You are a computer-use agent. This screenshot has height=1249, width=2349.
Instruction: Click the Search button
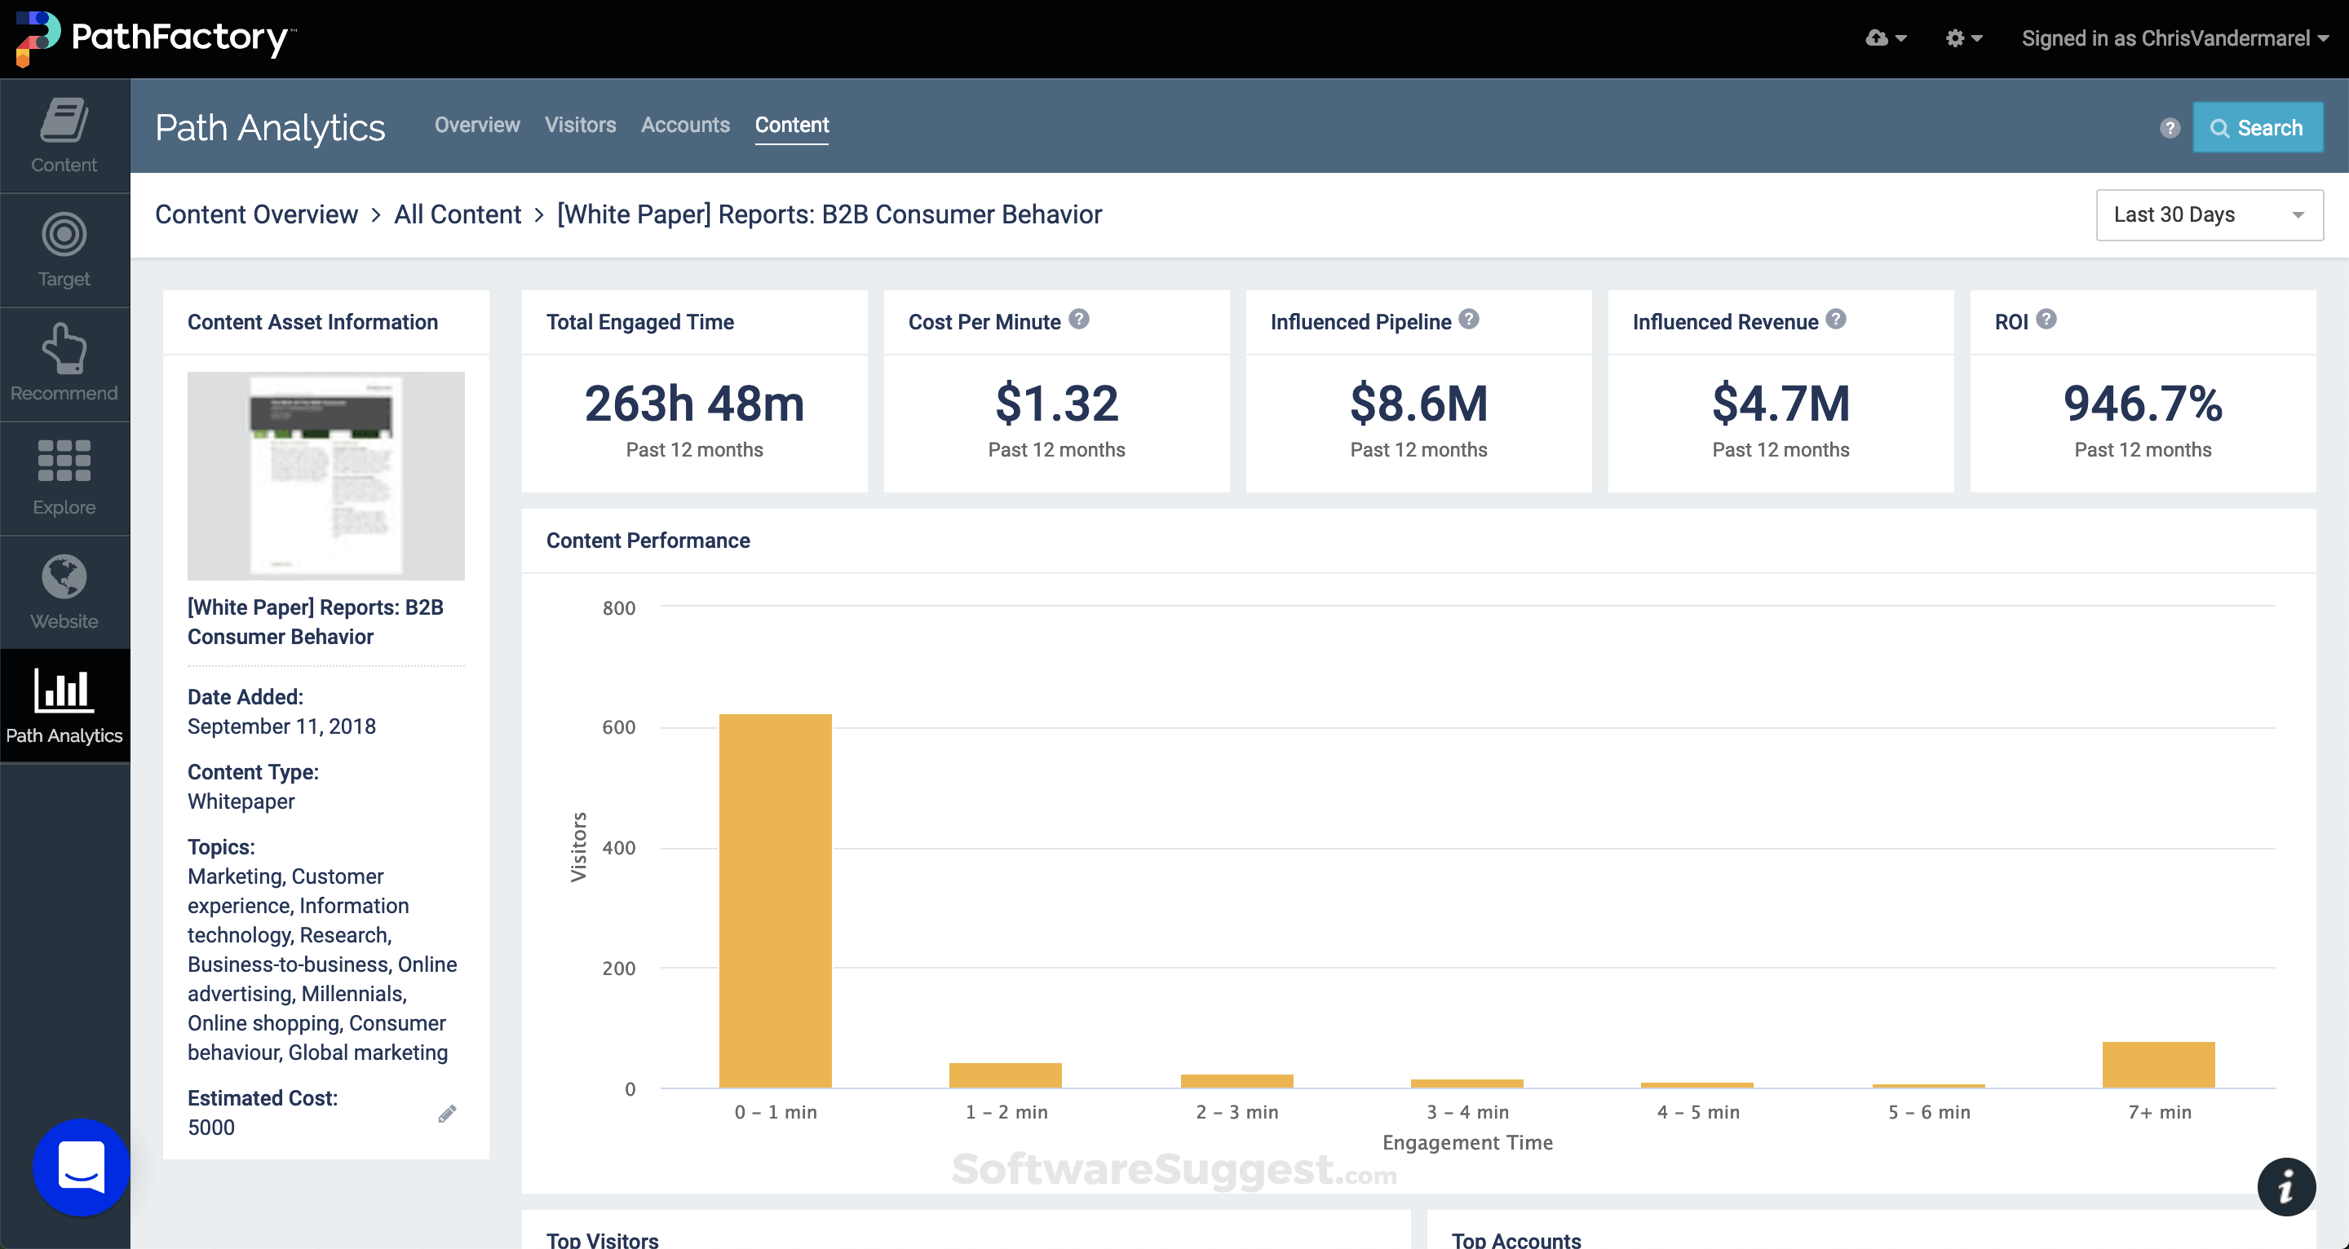coord(2257,128)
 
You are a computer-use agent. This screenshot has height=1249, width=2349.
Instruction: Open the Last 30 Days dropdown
coord(2208,215)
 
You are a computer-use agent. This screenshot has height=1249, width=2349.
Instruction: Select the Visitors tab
coord(580,125)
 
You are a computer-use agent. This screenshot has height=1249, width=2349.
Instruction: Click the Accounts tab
coord(685,125)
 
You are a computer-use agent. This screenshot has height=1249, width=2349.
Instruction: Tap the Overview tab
coord(477,125)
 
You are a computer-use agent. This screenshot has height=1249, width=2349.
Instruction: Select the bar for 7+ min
coord(2157,1065)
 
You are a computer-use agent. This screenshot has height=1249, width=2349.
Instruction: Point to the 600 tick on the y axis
coord(618,727)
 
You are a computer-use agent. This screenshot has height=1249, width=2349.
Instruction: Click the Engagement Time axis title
coord(1466,1142)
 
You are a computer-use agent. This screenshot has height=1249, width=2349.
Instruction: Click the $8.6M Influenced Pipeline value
coord(1418,404)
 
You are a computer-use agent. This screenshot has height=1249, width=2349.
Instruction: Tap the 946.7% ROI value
coord(2142,404)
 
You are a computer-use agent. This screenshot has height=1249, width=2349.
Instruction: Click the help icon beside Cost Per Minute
coord(1079,319)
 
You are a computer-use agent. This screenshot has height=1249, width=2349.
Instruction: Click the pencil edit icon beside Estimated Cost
coord(447,1113)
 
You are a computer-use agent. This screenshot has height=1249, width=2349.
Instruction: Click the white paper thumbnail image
coord(325,475)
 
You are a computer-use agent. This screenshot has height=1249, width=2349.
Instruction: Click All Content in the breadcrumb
coord(457,215)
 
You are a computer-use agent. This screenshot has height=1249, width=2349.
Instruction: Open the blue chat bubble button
coord(82,1167)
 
